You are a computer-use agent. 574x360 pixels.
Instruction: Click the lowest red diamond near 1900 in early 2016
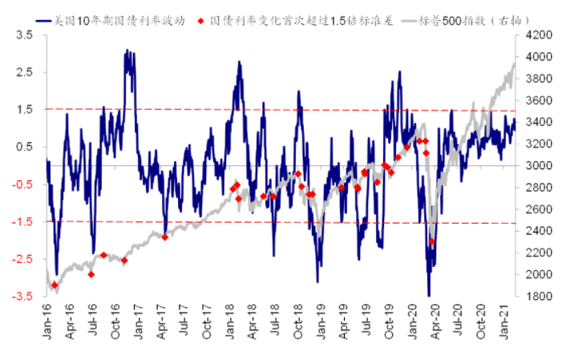coord(55,285)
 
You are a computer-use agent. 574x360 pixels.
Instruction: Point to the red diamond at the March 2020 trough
coord(431,241)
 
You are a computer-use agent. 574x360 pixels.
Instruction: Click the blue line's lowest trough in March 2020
coord(430,295)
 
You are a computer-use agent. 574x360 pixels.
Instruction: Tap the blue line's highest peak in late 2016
coord(127,51)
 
